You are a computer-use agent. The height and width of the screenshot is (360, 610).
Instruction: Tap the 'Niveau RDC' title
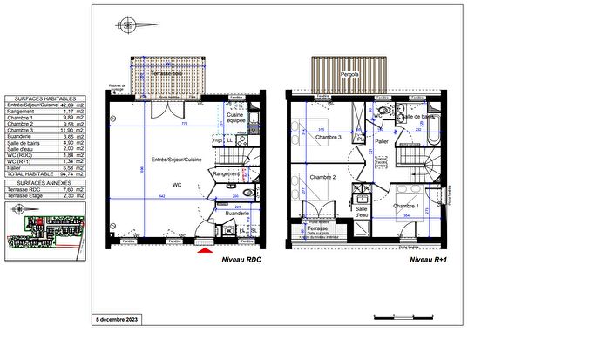click(x=241, y=261)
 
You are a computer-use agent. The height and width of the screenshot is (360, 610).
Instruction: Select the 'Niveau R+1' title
click(x=428, y=261)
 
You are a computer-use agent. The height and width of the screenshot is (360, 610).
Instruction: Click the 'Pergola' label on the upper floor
click(x=350, y=76)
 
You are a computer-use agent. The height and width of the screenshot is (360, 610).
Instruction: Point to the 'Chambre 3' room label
click(x=328, y=138)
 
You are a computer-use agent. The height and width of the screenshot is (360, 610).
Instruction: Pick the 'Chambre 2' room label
click(x=323, y=177)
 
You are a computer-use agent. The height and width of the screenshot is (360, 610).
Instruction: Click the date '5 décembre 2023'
click(x=116, y=320)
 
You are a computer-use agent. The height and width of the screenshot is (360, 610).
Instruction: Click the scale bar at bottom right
click(x=401, y=314)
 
